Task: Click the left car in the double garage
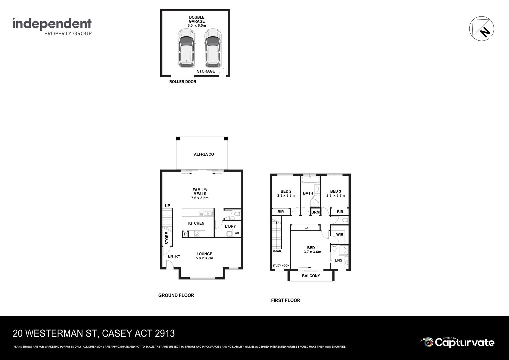186,48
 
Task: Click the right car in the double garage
213,48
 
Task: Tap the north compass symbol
481,28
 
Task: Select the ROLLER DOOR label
183,82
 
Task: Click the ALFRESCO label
204,154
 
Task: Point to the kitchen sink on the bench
205,213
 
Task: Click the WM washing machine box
236,234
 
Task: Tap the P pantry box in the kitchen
185,234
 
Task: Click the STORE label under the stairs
167,238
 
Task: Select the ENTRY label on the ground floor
174,256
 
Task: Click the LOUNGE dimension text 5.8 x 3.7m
204,258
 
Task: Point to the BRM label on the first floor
315,212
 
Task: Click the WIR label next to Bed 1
339,235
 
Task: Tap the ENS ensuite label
338,260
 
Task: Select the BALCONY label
311,276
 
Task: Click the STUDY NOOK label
281,266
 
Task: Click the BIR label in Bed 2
280,212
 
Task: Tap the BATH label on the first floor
308,193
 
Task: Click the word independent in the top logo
52,24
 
